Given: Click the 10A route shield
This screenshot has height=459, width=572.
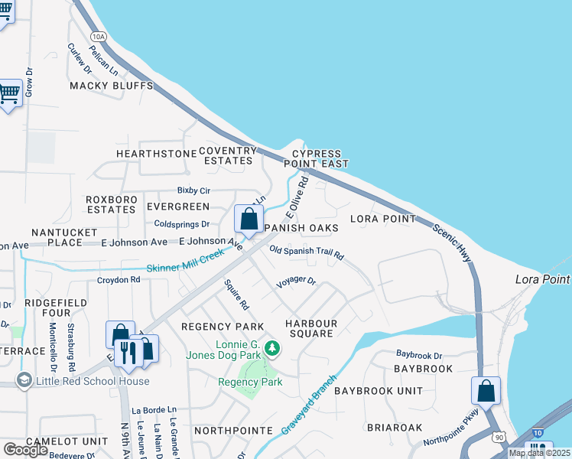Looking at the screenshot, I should (97, 36).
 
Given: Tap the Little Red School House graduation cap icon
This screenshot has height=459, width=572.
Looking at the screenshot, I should (24, 381).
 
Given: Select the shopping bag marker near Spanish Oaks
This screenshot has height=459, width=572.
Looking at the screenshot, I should (249, 219).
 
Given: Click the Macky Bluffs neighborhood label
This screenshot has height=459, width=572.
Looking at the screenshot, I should (112, 86).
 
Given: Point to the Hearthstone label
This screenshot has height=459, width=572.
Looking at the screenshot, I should (157, 154).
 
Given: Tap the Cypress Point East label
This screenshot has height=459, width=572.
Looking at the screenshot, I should (316, 159).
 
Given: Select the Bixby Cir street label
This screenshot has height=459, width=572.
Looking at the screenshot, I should (193, 190).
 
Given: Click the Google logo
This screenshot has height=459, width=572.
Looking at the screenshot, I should (24, 450).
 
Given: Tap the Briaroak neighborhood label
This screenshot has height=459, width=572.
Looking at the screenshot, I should (390, 427).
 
